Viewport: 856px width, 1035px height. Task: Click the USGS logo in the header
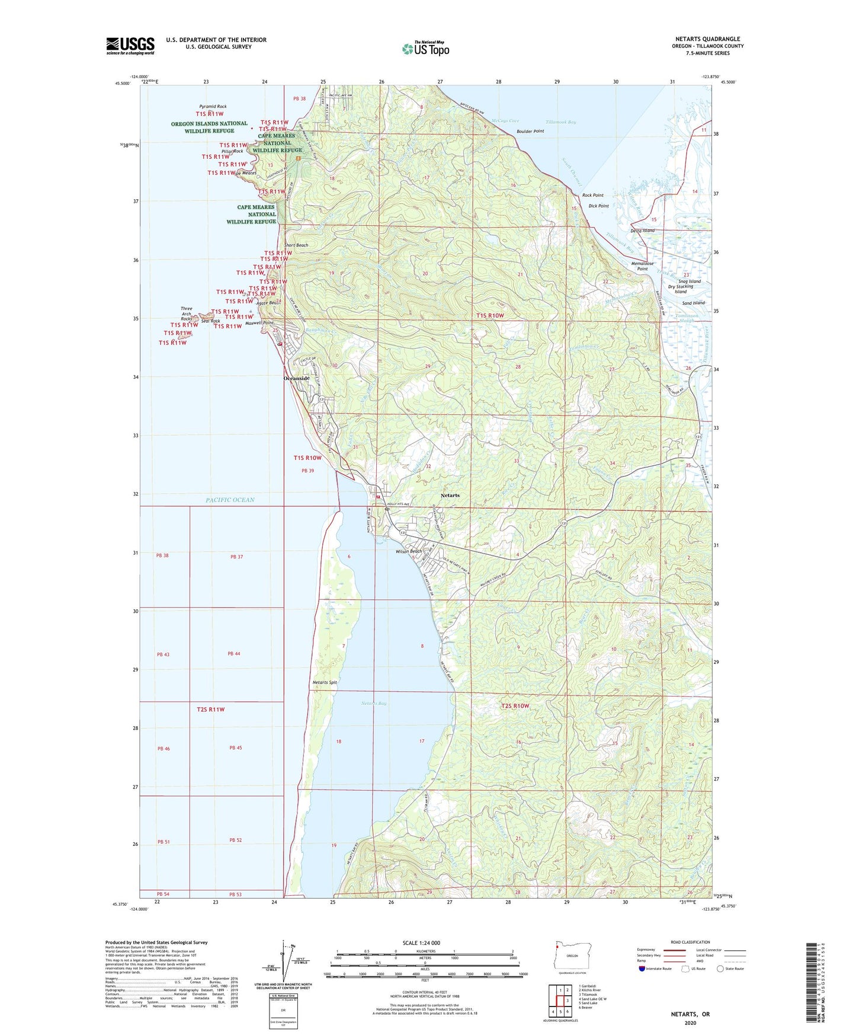[x=130, y=46]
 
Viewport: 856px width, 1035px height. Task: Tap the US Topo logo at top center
[x=425, y=49]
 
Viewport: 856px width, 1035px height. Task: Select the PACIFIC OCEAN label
[x=230, y=500]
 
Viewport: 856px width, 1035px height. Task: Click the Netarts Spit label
[x=325, y=682]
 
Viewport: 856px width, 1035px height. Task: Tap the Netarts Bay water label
[x=374, y=703]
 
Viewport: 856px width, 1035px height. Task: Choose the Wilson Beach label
[x=409, y=551]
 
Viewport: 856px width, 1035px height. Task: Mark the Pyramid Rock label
[x=213, y=107]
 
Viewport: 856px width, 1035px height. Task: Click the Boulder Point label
[x=530, y=132]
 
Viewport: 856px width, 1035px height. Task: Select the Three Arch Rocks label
[x=187, y=314]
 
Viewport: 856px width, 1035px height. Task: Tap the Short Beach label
[x=296, y=245]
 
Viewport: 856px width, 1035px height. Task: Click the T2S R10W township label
[x=515, y=706]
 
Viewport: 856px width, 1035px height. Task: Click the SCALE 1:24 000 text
[x=421, y=943]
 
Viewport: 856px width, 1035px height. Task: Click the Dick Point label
[x=598, y=206]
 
